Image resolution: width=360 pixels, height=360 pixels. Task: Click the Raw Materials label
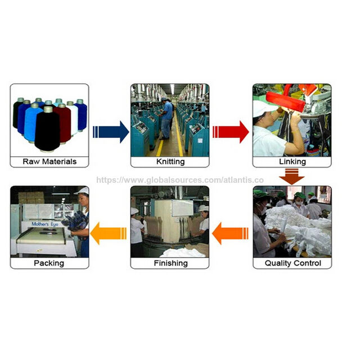point(49,161)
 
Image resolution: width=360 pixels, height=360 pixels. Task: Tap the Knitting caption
point(170,161)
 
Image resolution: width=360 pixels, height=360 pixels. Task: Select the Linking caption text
point(292,161)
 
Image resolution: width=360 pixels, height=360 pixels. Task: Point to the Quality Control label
point(292,263)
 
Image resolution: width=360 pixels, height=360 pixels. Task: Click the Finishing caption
point(170,263)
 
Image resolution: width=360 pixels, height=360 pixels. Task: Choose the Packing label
point(49,263)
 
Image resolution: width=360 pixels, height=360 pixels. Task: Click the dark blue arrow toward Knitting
point(111,132)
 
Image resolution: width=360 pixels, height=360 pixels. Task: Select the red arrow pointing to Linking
point(231,132)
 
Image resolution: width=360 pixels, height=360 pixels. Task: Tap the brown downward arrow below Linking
point(292,176)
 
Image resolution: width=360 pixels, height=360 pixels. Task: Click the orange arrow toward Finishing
point(230,233)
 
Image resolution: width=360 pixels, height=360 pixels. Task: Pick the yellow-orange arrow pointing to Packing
point(109,233)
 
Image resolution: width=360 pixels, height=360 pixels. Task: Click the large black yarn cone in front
point(47,129)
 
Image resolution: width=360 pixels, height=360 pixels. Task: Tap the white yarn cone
point(74,119)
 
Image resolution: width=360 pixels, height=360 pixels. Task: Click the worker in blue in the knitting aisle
point(166,119)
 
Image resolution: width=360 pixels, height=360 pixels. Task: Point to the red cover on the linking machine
point(286,101)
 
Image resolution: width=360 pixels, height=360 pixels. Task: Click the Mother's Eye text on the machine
point(45,224)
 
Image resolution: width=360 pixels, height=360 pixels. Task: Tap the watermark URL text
point(180,180)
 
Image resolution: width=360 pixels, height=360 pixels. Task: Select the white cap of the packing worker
point(82,191)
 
